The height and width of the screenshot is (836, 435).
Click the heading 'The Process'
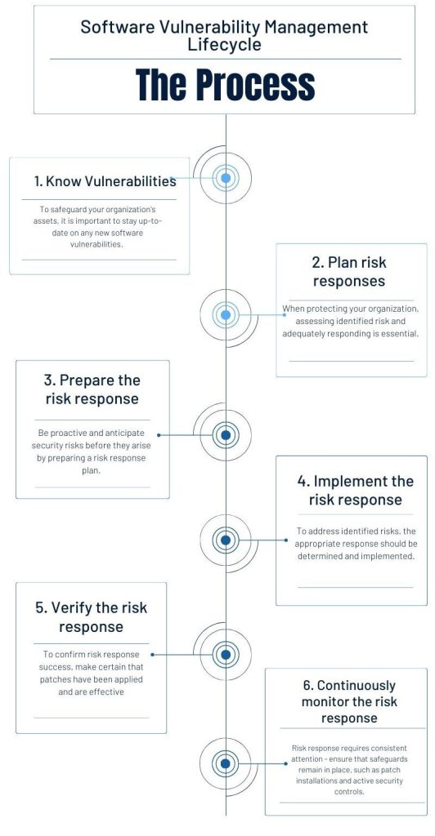(225, 84)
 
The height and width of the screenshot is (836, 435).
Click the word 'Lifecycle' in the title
(225, 45)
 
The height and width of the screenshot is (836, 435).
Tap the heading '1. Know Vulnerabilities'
(105, 181)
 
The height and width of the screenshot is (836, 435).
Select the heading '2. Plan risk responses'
(350, 272)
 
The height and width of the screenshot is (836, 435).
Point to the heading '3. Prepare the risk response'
(92, 389)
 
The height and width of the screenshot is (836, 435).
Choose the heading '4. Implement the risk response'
(356, 491)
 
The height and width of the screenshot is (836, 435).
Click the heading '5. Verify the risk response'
(92, 617)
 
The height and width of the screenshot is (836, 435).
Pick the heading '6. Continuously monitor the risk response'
(350, 701)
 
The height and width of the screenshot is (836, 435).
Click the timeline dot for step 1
(226, 178)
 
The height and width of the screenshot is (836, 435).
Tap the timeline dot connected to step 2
(226, 315)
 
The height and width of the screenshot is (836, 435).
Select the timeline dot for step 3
(226, 435)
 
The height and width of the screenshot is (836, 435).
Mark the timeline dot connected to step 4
(226, 540)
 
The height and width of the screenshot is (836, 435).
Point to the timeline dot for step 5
(226, 654)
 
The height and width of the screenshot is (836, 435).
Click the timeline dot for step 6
(226, 763)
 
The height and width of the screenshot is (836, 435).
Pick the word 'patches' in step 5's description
(52, 680)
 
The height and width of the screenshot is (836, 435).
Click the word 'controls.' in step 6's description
(350, 792)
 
